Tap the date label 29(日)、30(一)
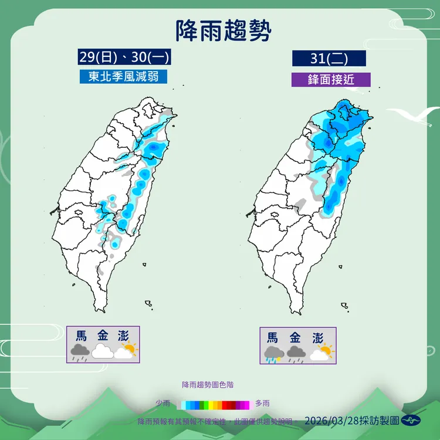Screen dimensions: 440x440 click(x=124, y=57)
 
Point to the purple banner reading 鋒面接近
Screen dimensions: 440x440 click(x=331, y=79)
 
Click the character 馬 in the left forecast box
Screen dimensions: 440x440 click(x=82, y=336)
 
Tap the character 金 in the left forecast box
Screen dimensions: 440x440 click(x=103, y=336)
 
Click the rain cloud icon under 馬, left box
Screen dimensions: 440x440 click(x=80, y=352)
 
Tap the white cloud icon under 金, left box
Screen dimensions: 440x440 click(x=102, y=351)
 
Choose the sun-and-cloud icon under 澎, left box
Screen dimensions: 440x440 click(x=126, y=351)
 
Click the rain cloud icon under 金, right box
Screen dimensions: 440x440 click(x=295, y=353)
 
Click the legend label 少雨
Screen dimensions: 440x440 click(x=163, y=404)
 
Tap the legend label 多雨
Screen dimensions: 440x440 click(x=263, y=404)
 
